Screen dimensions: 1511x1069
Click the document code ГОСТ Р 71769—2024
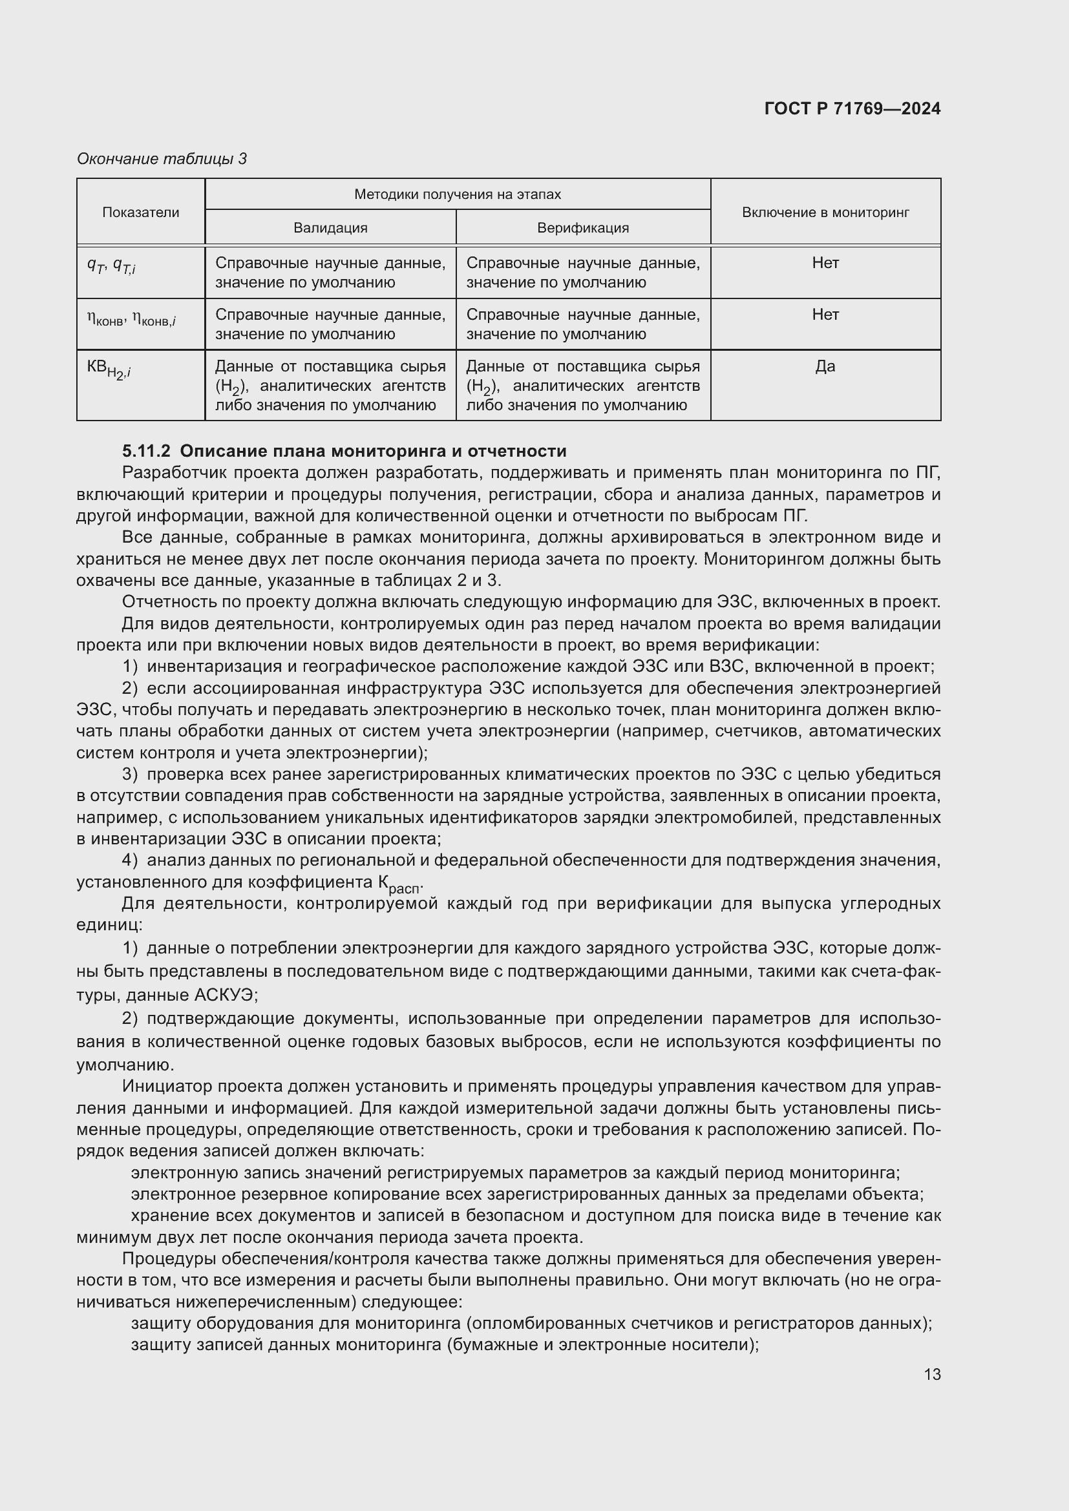tap(852, 109)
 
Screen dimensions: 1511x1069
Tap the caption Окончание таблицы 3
tap(162, 159)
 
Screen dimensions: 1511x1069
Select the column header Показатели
tap(140, 212)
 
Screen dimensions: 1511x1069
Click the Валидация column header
tap(330, 227)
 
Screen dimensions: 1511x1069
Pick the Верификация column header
tap(582, 227)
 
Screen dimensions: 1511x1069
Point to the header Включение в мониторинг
tap(825, 212)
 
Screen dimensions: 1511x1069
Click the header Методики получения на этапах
tap(457, 194)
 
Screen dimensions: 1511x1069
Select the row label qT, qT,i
tap(111, 266)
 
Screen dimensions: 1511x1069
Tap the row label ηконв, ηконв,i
tap(131, 319)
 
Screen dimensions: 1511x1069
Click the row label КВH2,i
tap(109, 370)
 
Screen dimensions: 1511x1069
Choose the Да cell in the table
tap(825, 366)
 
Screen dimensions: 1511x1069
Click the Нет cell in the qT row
tap(825, 263)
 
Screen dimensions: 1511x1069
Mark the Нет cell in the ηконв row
tap(825, 315)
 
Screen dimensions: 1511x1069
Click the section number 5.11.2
tap(146, 451)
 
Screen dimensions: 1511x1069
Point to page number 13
tap(932, 1374)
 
